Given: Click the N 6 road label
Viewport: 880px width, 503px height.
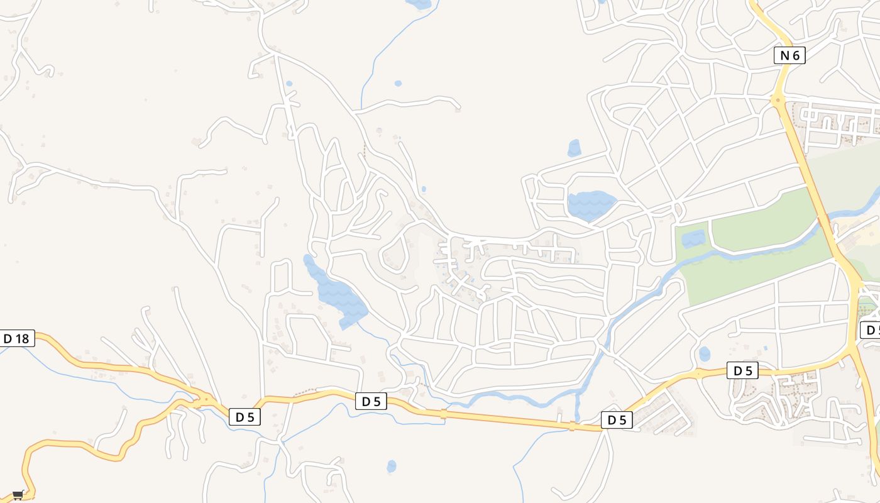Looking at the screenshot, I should [x=789, y=55].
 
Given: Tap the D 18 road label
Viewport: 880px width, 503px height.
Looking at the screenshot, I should [x=16, y=339].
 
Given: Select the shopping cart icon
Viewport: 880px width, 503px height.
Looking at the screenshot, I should [x=18, y=495].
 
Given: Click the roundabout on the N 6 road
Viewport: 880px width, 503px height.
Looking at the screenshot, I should [x=778, y=99].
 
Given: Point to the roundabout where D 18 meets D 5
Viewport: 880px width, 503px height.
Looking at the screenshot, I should [x=206, y=399].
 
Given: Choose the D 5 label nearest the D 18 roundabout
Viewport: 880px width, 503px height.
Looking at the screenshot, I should [x=245, y=416].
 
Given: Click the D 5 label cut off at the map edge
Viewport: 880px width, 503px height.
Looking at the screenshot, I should [x=871, y=330].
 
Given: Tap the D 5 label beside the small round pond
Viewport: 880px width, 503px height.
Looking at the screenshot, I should [x=742, y=371].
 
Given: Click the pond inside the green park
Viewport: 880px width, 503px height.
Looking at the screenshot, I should [x=693, y=238].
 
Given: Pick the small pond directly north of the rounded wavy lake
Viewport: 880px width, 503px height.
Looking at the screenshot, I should [x=575, y=148].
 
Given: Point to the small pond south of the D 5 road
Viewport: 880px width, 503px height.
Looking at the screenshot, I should [x=392, y=466].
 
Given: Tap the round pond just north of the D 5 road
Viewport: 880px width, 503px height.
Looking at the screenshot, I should [x=705, y=354].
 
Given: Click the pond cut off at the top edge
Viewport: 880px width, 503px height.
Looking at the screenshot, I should [x=419, y=4].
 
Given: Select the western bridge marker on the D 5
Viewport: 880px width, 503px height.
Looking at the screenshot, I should [x=444, y=414].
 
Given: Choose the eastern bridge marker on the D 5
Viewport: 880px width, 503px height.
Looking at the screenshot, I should [x=571, y=426].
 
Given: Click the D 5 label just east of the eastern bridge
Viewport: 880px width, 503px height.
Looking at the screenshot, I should [x=617, y=420].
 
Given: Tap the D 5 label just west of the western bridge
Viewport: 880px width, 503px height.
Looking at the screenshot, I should [x=371, y=401].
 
